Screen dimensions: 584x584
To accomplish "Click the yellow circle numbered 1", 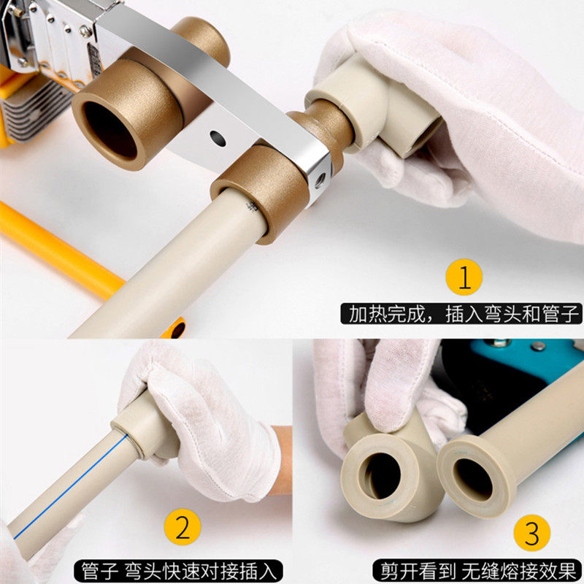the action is (464, 277).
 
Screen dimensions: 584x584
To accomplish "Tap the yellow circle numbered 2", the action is (182, 526).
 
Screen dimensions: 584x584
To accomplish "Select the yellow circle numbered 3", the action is (532, 533).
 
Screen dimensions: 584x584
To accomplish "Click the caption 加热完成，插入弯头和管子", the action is (461, 314).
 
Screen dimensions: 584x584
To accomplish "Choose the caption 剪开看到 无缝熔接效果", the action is (478, 570).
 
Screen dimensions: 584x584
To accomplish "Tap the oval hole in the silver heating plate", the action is (218, 138).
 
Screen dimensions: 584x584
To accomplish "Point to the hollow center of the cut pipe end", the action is (472, 479).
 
